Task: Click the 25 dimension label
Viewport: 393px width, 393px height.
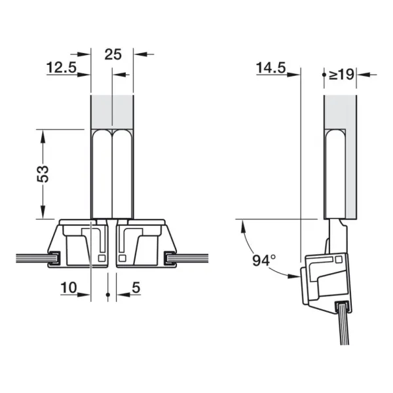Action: [x=113, y=54]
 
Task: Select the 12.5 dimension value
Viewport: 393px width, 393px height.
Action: [x=62, y=67]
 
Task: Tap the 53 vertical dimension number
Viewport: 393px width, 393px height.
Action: [x=43, y=174]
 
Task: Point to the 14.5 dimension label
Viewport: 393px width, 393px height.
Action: [x=271, y=67]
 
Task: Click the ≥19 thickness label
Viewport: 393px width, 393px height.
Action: [x=341, y=75]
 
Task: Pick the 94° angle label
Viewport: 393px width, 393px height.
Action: [x=264, y=261]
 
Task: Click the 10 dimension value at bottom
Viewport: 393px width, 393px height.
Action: [x=69, y=288]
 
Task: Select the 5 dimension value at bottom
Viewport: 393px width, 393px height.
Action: [x=136, y=288]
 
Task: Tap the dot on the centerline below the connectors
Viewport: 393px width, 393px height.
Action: [x=108, y=295]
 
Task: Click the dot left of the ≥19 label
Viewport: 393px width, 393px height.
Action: [x=324, y=75]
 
